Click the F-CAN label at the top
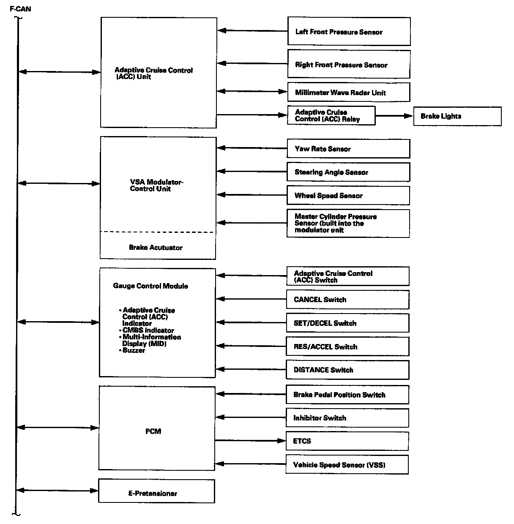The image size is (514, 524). [x=20, y=8]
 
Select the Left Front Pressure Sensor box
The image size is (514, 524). [x=349, y=31]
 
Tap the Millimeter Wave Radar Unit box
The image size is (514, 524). [x=349, y=93]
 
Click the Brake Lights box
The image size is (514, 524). [x=457, y=116]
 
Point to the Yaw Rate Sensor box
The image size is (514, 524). [x=348, y=149]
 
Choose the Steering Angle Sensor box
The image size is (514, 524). [x=348, y=172]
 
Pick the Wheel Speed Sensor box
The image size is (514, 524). [x=348, y=196]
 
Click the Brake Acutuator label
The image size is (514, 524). [x=156, y=248]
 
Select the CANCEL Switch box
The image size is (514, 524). [x=347, y=300]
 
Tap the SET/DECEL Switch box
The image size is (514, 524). [x=347, y=323]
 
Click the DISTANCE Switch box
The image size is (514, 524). [x=347, y=370]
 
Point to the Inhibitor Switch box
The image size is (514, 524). [x=347, y=418]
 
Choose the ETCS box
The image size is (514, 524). [x=347, y=441]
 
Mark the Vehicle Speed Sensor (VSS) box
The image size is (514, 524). [x=347, y=465]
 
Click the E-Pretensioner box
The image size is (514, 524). [x=156, y=491]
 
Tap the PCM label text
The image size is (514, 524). [x=153, y=431]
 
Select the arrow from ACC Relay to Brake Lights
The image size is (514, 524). [x=394, y=116]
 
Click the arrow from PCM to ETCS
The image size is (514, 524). [x=250, y=441]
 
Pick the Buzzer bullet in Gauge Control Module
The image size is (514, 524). [x=134, y=350]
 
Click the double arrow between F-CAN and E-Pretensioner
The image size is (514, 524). [x=57, y=491]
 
